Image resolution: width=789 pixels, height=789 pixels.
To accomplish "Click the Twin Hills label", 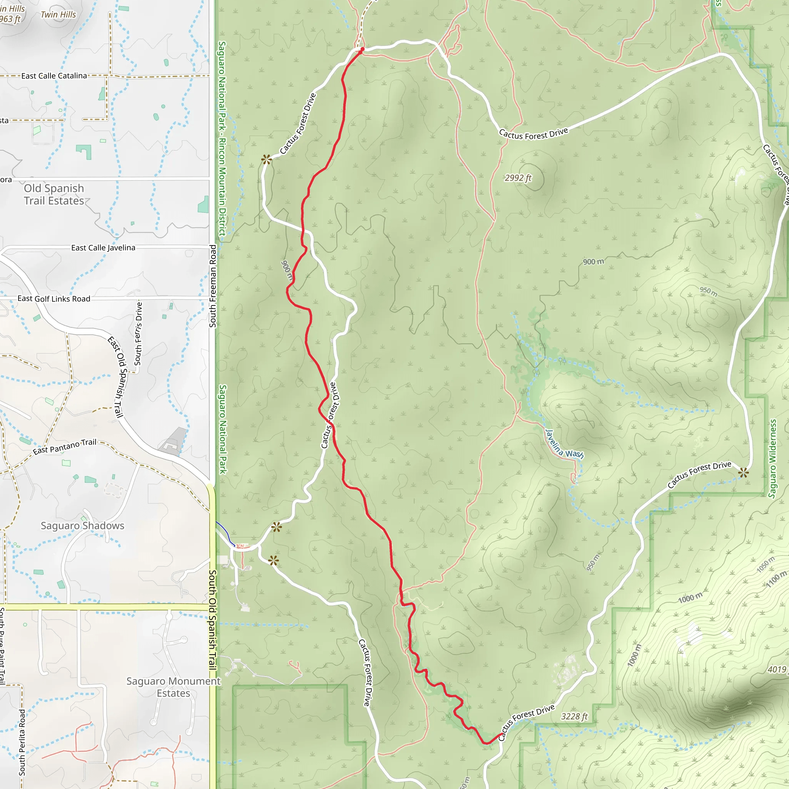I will point(59,15).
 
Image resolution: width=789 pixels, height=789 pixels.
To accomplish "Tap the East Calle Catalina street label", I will point(54,76).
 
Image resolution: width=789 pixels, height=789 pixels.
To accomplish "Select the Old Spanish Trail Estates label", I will point(54,195).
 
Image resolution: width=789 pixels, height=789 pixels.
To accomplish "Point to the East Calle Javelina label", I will point(103,248).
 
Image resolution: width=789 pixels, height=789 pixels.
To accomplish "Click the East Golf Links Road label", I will point(54,299).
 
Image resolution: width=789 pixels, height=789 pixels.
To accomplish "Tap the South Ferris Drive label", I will point(138,334).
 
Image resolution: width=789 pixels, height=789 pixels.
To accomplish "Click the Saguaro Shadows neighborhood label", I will point(82,525).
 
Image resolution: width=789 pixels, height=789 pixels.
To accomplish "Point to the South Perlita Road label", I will point(22,742).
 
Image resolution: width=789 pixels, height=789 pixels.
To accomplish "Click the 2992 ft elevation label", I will point(518,178).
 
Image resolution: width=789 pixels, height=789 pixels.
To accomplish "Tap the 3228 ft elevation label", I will point(574,717).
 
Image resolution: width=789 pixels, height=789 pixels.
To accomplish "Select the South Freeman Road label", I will point(213,286).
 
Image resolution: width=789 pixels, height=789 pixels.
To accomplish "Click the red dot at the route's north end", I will point(362,49).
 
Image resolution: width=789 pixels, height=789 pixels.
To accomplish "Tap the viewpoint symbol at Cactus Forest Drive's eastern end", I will point(743,473).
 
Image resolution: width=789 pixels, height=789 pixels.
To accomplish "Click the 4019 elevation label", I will point(777,669).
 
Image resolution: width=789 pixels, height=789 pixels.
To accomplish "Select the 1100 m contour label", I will point(776,579).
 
